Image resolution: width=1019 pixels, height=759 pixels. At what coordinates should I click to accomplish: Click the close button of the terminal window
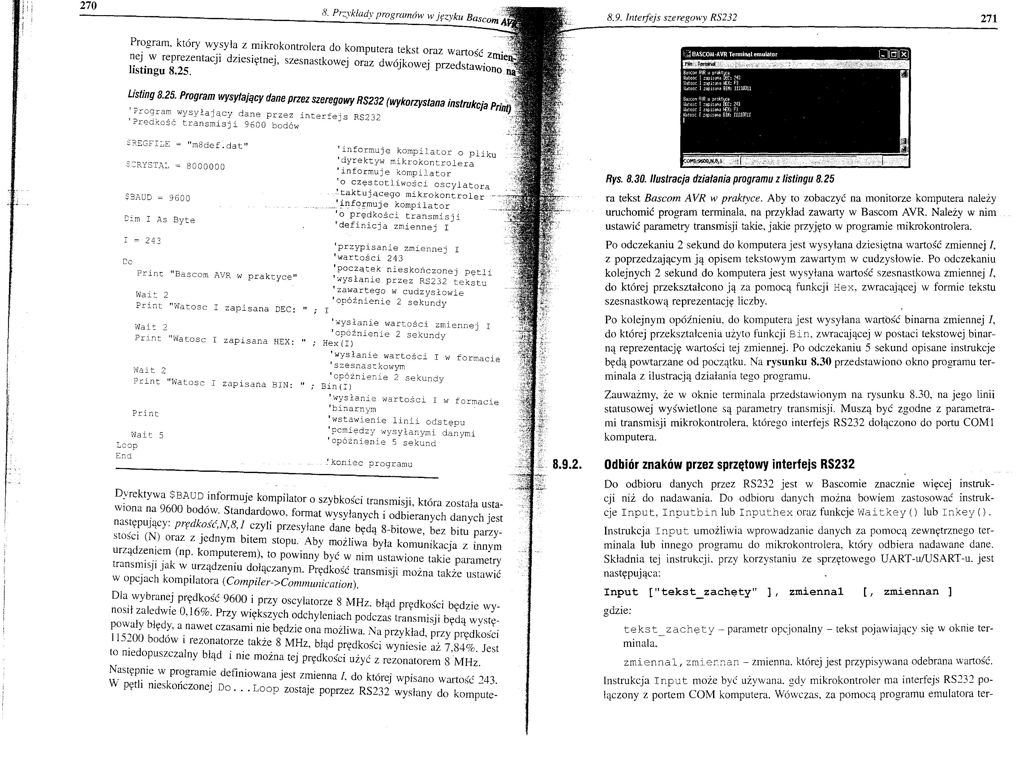(x=904, y=54)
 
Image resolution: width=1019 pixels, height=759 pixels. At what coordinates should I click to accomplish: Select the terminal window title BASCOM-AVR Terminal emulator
(x=734, y=54)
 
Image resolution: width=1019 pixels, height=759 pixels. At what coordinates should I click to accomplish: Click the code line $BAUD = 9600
(x=157, y=198)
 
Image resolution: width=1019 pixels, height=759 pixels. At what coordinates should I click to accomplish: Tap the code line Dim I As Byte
(x=160, y=220)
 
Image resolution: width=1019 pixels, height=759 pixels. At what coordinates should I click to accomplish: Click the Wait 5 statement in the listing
(x=147, y=435)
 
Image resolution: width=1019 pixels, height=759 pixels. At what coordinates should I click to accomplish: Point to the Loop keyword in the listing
(x=127, y=445)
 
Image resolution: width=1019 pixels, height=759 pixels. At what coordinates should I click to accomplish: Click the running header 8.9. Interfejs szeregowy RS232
(x=672, y=18)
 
